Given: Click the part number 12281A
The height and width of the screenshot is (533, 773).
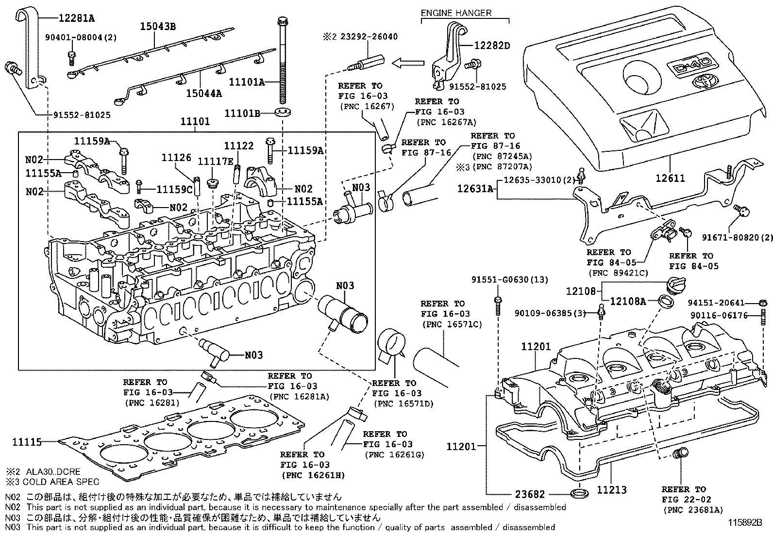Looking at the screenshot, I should tap(76, 19).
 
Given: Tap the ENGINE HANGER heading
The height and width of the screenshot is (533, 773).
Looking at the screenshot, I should tap(456, 13).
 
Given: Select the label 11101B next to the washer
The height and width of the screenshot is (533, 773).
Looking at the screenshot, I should tap(243, 113).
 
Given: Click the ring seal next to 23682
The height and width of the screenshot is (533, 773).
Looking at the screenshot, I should tap(577, 494).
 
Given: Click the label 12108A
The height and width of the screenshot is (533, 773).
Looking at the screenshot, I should tap(628, 301).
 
